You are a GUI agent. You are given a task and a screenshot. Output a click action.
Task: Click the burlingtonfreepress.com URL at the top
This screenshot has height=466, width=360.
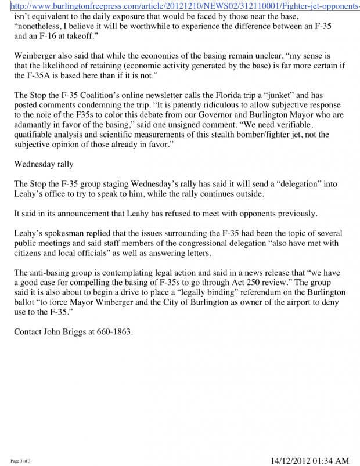point(180,6)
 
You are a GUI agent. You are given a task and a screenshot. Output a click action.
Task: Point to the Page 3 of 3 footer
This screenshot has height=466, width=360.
point(20,461)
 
